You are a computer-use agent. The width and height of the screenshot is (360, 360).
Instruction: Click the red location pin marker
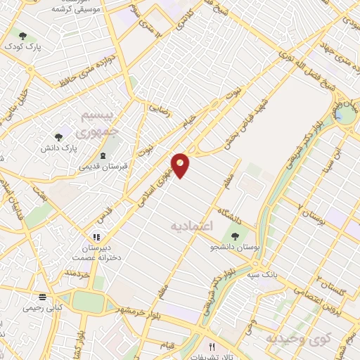pos(181,165)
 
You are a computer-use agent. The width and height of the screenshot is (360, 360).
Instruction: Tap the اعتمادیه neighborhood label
pos(191,226)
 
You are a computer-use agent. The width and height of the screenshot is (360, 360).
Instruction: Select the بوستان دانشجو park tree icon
pos(233,236)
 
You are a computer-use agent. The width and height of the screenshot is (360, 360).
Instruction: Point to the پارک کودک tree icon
pos(22,35)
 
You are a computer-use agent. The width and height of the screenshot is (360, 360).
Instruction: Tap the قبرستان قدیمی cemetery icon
pos(103,155)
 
